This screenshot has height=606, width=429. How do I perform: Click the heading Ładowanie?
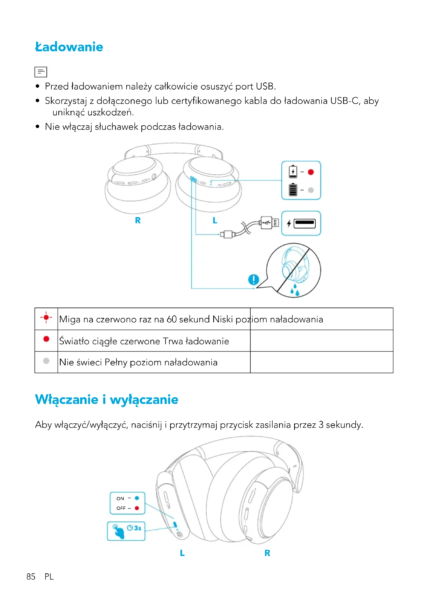[x=69, y=47]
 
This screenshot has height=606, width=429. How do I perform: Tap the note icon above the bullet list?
[x=41, y=72]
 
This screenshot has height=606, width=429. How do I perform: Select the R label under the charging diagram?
[x=138, y=220]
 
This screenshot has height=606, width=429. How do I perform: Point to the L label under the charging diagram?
[x=215, y=220]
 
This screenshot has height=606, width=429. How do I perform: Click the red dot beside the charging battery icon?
[x=311, y=172]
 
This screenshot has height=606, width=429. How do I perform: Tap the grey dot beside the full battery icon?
[x=311, y=190]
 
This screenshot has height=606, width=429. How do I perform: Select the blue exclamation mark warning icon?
[x=254, y=279]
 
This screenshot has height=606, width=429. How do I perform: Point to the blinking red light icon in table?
[x=46, y=318]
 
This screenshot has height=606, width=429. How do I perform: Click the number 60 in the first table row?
[x=171, y=319]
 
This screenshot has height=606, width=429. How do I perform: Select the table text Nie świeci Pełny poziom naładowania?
[x=138, y=362]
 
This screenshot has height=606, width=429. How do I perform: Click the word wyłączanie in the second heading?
[x=144, y=400]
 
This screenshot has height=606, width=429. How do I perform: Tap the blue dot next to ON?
[x=137, y=498]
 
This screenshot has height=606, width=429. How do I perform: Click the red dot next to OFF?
[x=137, y=508]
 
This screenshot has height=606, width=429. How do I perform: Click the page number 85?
[x=31, y=577]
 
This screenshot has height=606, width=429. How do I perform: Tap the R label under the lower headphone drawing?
[x=267, y=553]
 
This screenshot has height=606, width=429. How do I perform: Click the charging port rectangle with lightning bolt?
[x=301, y=223]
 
